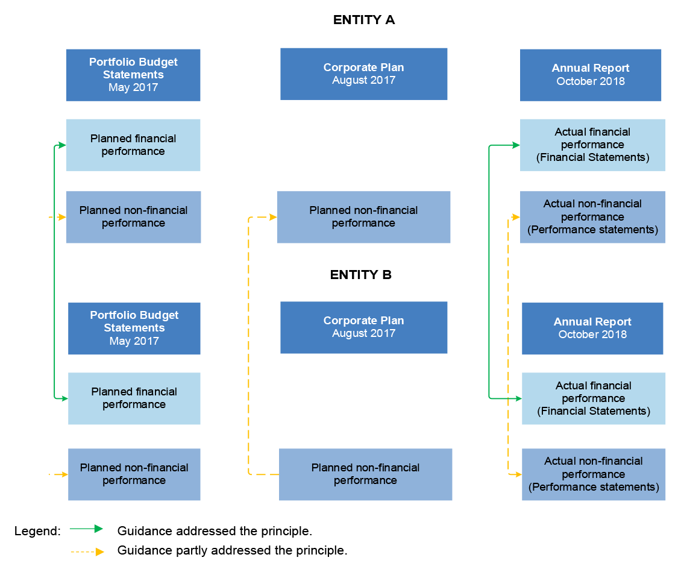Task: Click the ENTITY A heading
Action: click(x=363, y=20)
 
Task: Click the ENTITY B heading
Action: click(x=360, y=275)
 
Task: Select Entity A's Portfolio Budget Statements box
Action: click(x=133, y=75)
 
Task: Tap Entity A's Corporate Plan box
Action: click(x=363, y=74)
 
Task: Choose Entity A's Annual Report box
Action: click(x=590, y=75)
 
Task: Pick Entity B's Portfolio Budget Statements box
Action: click(x=134, y=328)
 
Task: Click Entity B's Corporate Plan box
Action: click(x=363, y=327)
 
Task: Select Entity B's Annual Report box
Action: click(x=592, y=328)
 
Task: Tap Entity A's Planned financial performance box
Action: click(x=133, y=145)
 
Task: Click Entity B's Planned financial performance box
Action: click(x=134, y=398)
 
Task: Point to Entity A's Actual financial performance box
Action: click(x=592, y=145)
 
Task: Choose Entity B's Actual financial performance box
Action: click(x=593, y=398)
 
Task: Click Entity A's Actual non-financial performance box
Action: click(x=592, y=217)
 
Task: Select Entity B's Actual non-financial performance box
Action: click(x=593, y=474)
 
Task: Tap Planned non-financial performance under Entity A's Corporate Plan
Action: click(x=363, y=217)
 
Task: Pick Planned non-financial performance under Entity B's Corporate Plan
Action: click(x=365, y=474)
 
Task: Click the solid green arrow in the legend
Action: click(x=87, y=529)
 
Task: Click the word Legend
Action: click(x=37, y=531)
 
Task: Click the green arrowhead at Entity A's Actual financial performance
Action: click(x=516, y=145)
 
